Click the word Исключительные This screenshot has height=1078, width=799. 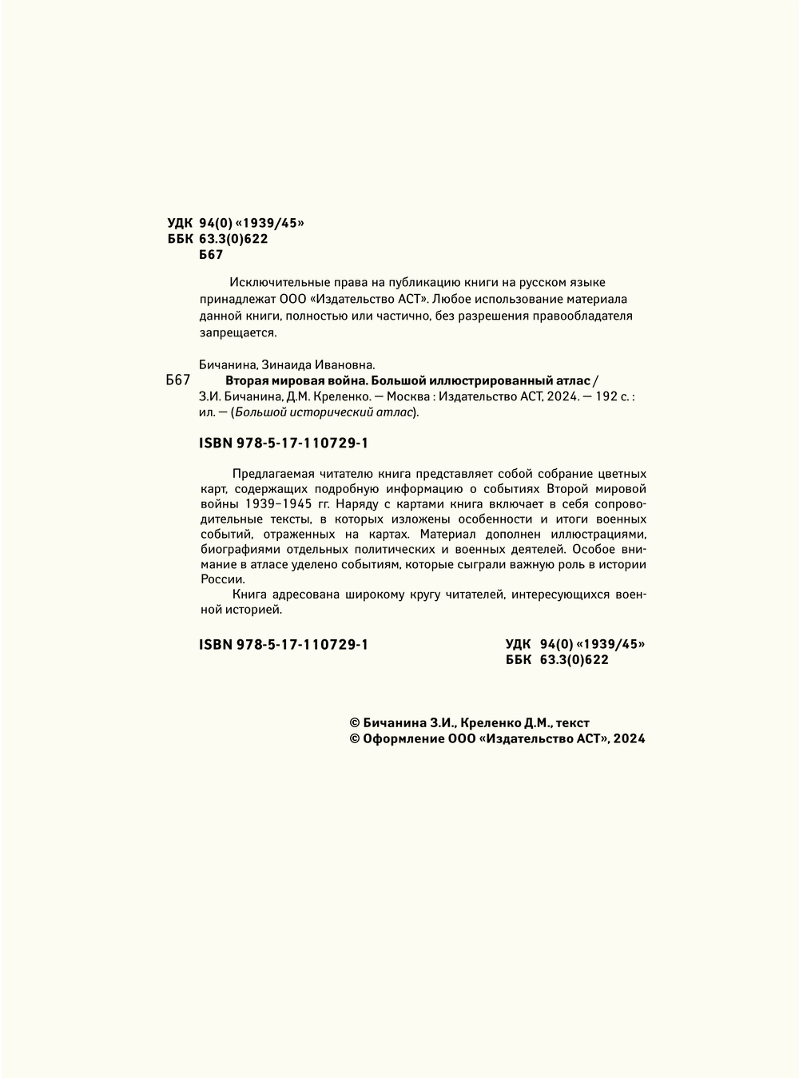[274, 282]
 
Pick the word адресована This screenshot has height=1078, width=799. [304, 595]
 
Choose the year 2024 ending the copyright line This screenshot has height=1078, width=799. [630, 739]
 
